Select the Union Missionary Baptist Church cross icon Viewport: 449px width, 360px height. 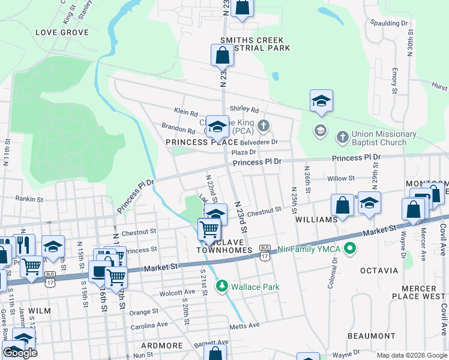(342, 136)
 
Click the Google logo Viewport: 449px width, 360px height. (20, 353)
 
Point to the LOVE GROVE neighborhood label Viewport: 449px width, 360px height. (62, 32)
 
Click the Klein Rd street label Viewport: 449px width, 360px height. (186, 112)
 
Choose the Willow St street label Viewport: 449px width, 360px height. (341, 178)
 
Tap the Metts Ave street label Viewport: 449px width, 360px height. (244, 325)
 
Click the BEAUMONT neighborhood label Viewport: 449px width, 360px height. (375, 336)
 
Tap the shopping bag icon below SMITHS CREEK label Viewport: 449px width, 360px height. (222, 56)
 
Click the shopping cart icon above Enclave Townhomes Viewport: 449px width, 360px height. (209, 229)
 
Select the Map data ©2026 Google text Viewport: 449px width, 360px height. (411, 355)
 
